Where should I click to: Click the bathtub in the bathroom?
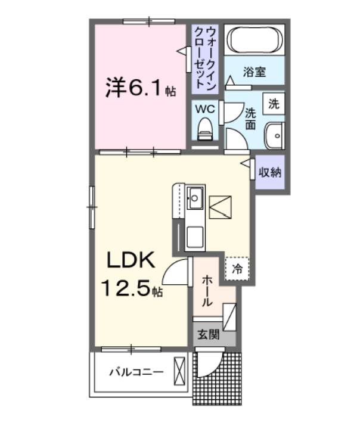[x=255, y=39]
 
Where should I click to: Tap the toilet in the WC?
[x=205, y=129]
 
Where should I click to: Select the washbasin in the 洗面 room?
[x=274, y=136]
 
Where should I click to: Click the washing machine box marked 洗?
[x=274, y=104]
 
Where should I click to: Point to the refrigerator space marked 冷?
[x=237, y=269]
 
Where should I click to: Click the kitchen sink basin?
[x=195, y=198]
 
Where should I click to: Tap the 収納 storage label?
[x=270, y=172]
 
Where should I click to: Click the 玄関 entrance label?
[x=209, y=334]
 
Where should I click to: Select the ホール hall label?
[x=207, y=291]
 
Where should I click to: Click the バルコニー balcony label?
[x=136, y=372]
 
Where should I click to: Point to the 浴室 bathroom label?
[x=255, y=72]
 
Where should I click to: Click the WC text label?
[x=205, y=109]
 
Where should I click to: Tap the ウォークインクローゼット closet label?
[x=205, y=58]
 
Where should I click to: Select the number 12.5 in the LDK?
[x=126, y=288]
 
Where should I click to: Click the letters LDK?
[x=131, y=260]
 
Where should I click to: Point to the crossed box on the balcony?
[x=179, y=372]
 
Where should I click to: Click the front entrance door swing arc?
[x=213, y=368]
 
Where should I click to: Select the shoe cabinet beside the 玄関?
[x=229, y=317]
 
